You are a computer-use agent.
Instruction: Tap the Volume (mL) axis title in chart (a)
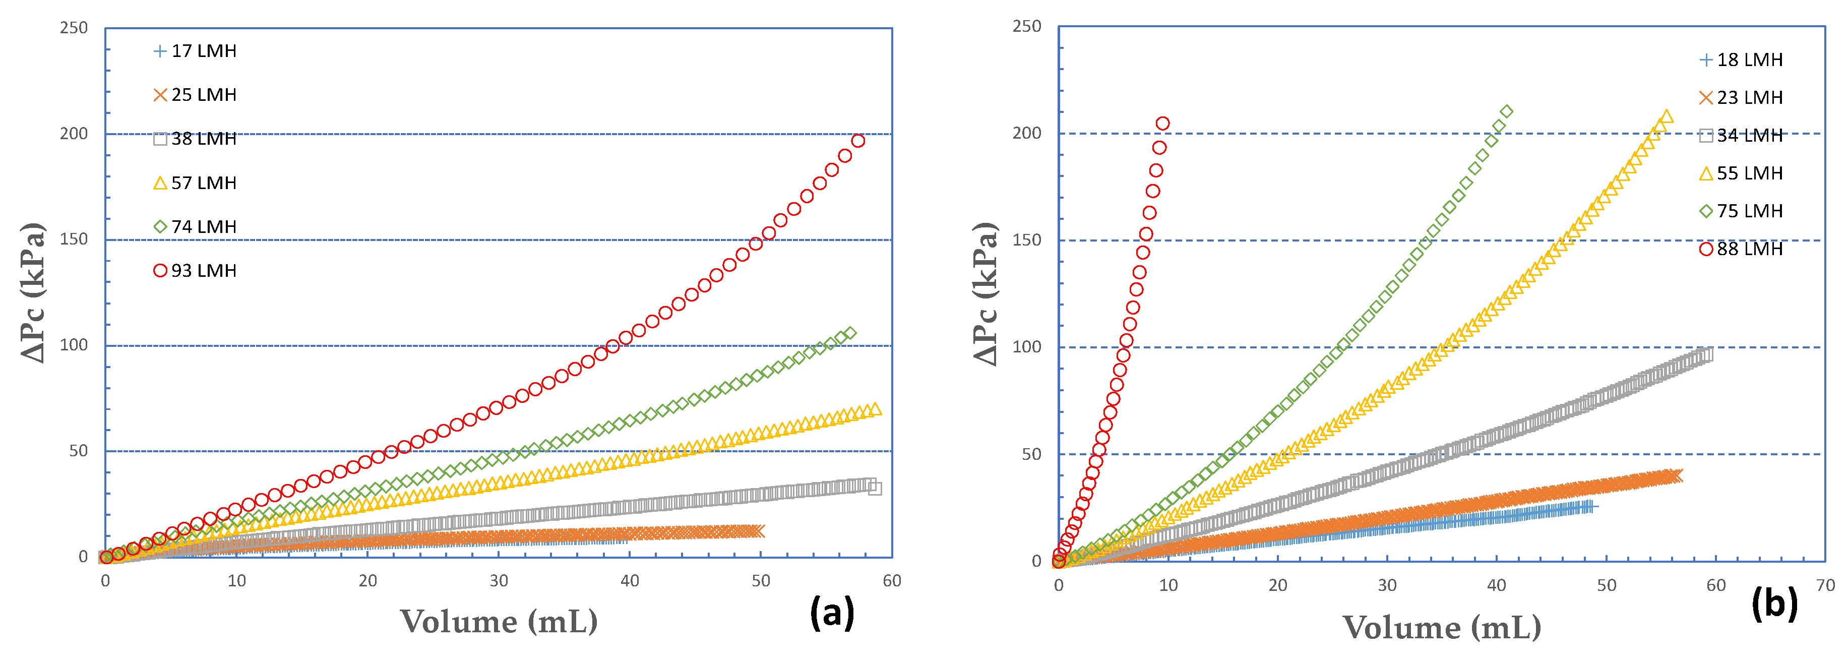pos(499,622)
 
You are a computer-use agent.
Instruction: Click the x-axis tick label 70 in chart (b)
pos(1825,585)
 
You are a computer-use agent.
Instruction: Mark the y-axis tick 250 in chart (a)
pos(74,28)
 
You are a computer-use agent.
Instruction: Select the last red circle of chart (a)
pos(858,141)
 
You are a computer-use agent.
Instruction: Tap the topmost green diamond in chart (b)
pos(1507,111)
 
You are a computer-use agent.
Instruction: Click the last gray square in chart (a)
pos(875,489)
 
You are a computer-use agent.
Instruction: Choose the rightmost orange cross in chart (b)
pos(1676,475)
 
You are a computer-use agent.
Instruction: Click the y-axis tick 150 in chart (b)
pos(1027,240)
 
